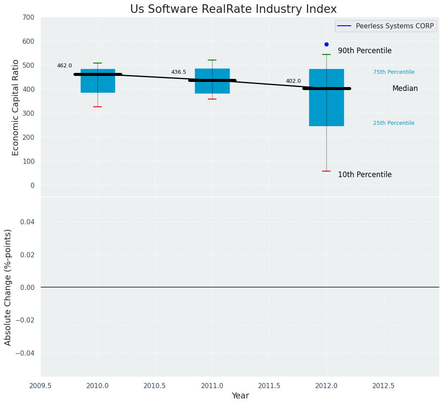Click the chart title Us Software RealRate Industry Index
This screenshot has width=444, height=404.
coord(233,9)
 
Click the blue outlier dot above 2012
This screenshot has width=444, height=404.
coord(326,44)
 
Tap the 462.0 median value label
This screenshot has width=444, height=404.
coord(64,66)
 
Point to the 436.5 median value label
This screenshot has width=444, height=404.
coord(179,72)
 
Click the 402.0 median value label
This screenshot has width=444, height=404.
coord(293,81)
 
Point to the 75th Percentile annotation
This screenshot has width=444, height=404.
coord(394,72)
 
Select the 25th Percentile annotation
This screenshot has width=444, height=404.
coord(394,123)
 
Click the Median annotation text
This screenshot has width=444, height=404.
coord(405,88)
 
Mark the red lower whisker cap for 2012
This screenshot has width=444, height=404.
coord(326,171)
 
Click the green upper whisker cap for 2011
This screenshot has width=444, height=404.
coord(212,60)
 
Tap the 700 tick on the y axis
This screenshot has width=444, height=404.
coord(29,17)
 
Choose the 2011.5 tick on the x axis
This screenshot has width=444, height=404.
coord(269,386)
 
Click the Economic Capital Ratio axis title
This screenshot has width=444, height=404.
coord(16,107)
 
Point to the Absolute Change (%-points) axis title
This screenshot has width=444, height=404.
coord(8,287)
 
